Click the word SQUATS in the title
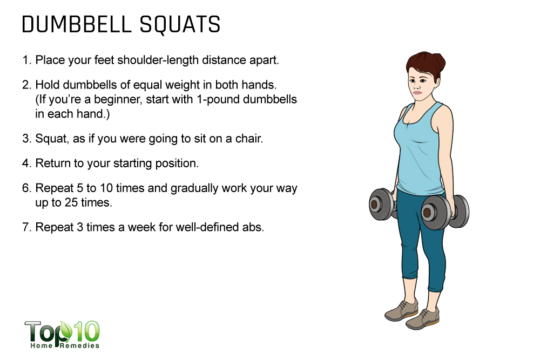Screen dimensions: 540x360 [x=179, y=24]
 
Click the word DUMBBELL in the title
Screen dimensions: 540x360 [x=77, y=24]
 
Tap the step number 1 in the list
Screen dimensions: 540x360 [x=26, y=60]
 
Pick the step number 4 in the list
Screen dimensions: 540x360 [x=26, y=163]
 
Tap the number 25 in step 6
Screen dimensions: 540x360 [x=71, y=202]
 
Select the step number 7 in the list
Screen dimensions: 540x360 [x=26, y=227]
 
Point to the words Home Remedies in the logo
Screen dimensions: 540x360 [x=65, y=345]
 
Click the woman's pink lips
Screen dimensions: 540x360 [x=417, y=92]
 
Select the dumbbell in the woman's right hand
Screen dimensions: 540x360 [x=382, y=204]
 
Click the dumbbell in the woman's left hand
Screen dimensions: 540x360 [x=444, y=212]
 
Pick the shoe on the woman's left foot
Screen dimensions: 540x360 [x=423, y=318]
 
